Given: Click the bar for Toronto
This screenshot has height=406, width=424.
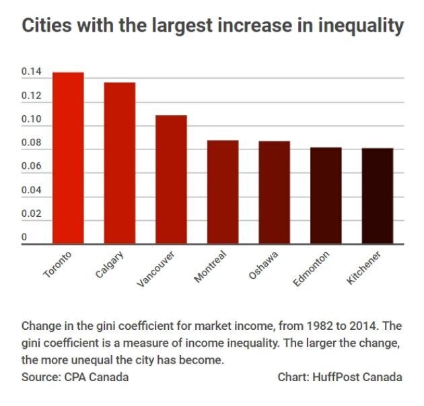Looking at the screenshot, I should coord(68,158).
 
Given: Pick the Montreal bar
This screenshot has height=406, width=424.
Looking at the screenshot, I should coord(223,192).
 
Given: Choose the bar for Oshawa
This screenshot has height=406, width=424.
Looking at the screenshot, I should coord(274,193).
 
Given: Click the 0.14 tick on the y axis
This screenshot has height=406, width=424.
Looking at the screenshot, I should coord(31,72).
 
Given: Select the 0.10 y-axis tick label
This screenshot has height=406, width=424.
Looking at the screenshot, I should coord(31,120).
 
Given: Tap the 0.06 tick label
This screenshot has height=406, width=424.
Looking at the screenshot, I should coord(31,166).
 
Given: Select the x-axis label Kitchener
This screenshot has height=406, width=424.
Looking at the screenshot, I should coord(364,268).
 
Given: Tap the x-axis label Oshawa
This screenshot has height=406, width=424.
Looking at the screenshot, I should coord(264,265).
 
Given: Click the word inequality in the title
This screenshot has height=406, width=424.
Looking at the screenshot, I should coord(360,26).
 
